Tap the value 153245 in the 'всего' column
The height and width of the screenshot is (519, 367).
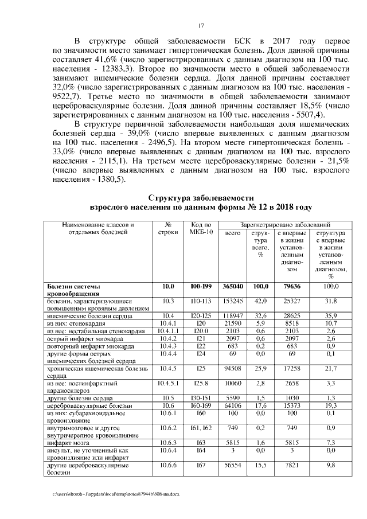pos(232,300)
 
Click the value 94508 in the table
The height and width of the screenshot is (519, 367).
pos(232,368)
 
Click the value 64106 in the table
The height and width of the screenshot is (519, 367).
pos(232,405)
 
